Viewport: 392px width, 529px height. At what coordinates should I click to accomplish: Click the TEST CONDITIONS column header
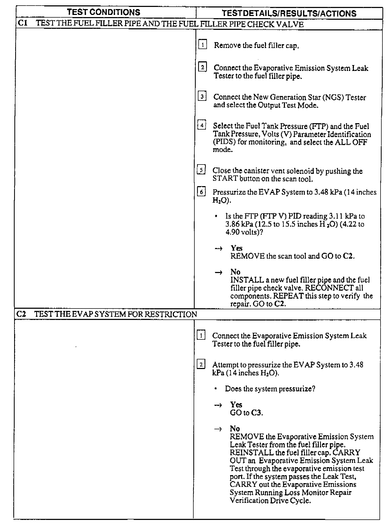click(103, 12)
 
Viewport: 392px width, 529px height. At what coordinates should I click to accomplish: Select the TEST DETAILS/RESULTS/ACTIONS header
click(289, 13)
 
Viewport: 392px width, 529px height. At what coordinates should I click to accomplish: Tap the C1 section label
click(23, 23)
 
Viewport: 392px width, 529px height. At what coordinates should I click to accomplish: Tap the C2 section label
click(21, 314)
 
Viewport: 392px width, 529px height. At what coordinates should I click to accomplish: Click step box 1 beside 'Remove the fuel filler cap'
click(202, 45)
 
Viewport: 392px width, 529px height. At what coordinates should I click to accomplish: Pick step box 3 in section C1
click(202, 96)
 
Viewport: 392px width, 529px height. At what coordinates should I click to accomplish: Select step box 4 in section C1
click(202, 125)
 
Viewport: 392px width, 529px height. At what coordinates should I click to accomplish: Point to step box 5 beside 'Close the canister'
click(201, 170)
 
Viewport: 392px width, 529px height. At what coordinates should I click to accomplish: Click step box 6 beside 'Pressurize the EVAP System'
click(201, 192)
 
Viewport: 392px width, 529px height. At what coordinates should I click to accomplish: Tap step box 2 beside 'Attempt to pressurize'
click(201, 364)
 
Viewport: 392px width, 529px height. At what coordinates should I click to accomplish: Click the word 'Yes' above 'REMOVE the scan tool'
click(236, 248)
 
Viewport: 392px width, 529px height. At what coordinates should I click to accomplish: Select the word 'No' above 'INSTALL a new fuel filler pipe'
click(235, 272)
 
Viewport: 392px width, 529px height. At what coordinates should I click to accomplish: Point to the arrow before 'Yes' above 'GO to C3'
click(218, 405)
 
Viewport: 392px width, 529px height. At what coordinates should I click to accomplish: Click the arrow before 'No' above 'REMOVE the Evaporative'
click(218, 429)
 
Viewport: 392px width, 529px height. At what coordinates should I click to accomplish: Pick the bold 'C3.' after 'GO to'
click(257, 413)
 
